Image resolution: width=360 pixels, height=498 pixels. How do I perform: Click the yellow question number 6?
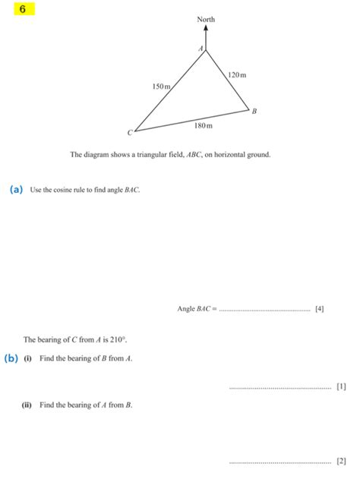(24, 10)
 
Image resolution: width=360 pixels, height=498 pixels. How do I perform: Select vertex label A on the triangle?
(201, 49)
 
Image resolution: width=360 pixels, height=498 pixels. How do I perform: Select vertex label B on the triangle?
(254, 111)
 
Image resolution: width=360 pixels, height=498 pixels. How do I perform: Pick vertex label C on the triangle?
(129, 132)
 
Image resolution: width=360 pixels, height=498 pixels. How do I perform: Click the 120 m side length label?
(238, 75)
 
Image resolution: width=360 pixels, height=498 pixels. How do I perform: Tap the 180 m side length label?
(203, 124)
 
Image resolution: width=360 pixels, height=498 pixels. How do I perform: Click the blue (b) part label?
(11, 358)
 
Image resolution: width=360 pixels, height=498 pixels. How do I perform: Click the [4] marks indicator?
(319, 309)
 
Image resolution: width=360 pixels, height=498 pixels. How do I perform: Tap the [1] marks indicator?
(340, 386)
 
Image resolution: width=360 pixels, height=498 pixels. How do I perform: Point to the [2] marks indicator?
(340, 461)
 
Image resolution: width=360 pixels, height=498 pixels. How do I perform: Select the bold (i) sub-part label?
(27, 358)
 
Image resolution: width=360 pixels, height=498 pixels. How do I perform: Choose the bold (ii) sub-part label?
(27, 405)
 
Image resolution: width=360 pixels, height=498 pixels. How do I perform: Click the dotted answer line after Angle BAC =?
(264, 310)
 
